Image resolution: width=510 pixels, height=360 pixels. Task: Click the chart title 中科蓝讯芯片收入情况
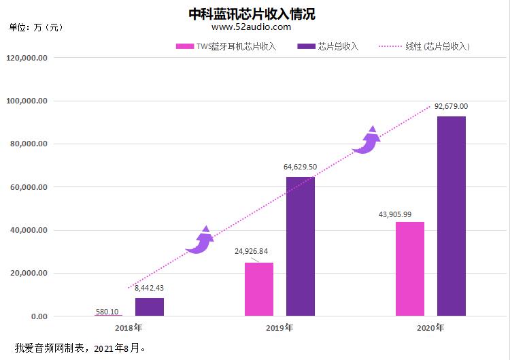tap(252, 14)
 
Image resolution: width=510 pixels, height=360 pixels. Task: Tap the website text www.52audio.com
tap(251, 27)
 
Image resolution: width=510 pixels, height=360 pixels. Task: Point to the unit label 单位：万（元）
tap(35, 27)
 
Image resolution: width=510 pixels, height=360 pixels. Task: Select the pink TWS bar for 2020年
tap(409, 269)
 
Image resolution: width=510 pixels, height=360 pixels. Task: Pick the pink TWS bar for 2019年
tap(259, 289)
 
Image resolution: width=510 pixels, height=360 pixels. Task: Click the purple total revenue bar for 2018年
tap(150, 307)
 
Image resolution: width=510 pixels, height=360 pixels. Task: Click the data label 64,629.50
tap(300, 167)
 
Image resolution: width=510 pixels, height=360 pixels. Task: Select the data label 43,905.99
tap(394, 214)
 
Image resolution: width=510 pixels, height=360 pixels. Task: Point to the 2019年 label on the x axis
tap(279, 328)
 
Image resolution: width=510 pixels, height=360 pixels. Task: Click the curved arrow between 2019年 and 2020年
tap(367, 141)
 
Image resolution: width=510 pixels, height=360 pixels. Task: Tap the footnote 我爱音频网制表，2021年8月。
tap(79, 348)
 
